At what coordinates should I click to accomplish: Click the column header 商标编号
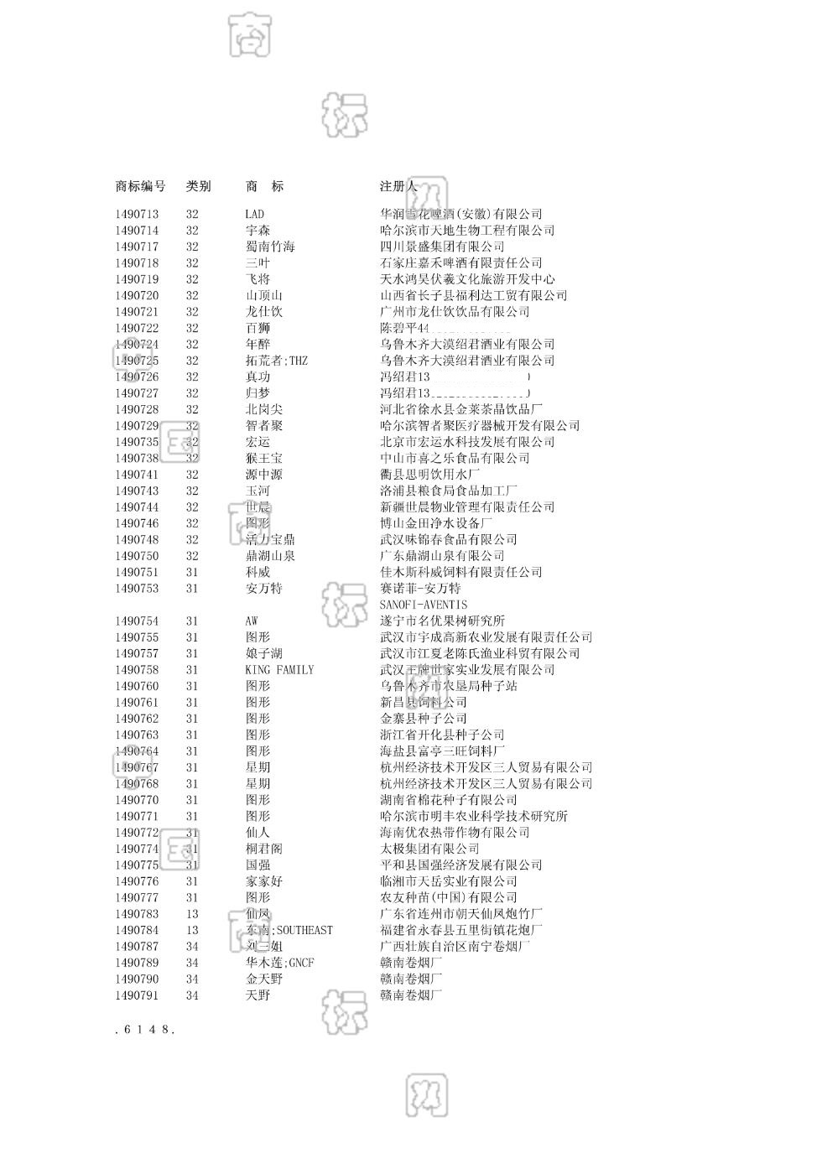pos(140,186)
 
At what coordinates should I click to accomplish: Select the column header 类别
pos(198,186)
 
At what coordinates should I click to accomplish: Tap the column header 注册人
pos(398,186)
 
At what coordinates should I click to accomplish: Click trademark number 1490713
pos(137,214)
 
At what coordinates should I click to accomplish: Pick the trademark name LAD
pos(254,214)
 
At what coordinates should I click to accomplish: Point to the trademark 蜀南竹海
pos(270,247)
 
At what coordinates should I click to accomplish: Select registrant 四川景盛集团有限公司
pos(442,247)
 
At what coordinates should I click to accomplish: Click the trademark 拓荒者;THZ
pos(276,361)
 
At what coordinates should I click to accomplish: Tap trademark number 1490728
pos(137,409)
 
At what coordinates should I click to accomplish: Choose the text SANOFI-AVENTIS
pos(424,605)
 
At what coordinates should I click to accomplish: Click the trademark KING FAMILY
pos(279,670)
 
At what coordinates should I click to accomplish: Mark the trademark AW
pos(252,621)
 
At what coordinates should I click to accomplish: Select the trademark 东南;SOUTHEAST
pos(289,930)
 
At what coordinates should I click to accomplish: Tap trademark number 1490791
pos(137,995)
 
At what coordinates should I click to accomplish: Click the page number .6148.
pos(144,1030)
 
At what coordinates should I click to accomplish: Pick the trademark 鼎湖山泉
pos(270,556)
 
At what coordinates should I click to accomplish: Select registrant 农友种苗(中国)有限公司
pos(449,897)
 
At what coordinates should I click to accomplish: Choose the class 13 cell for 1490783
pos(193,914)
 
